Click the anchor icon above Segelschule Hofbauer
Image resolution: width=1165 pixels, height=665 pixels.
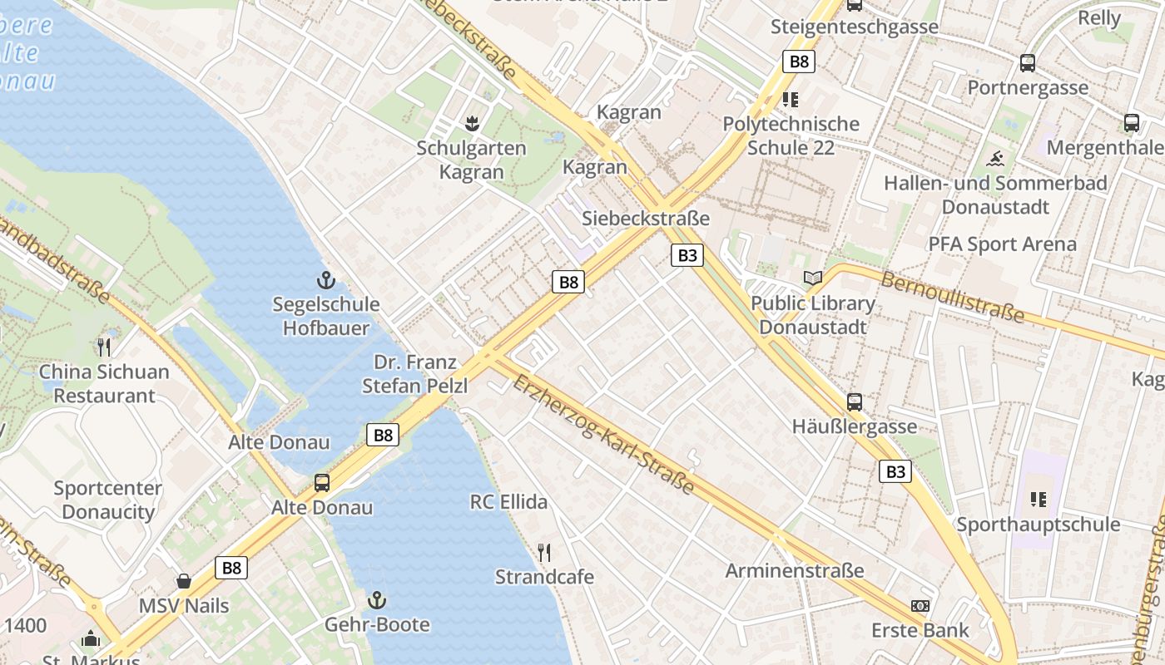coord(326,280)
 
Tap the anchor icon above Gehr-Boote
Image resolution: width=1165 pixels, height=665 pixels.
coord(378,600)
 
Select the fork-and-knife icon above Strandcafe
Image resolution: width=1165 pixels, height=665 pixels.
coord(544,552)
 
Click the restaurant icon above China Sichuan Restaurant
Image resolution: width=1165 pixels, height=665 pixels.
coord(104,347)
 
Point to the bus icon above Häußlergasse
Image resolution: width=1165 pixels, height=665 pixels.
coord(855,402)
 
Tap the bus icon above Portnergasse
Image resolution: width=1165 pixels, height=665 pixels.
coord(1028,62)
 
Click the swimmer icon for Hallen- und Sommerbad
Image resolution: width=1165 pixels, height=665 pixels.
coord(996,158)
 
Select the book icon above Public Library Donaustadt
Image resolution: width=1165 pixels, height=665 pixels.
coord(812,278)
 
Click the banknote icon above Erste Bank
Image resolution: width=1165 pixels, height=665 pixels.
coord(920,606)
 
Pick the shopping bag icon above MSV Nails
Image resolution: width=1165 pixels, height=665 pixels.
coord(184,581)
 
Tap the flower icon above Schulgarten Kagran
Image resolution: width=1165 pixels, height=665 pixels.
coord(472,124)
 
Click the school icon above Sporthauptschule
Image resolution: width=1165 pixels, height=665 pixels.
coord(1039,500)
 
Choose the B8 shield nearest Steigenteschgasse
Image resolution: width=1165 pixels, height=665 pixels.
coord(798,61)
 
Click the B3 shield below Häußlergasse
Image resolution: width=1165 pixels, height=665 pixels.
coord(895,472)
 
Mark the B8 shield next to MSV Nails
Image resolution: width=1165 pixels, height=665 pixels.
coord(231,568)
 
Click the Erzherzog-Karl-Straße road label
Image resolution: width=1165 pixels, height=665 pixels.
coord(603,435)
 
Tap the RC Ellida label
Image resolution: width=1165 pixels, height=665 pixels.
coord(508,502)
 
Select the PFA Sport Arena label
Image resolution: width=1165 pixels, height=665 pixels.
coord(1002,244)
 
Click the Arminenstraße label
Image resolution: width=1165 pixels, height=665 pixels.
coord(794,571)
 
